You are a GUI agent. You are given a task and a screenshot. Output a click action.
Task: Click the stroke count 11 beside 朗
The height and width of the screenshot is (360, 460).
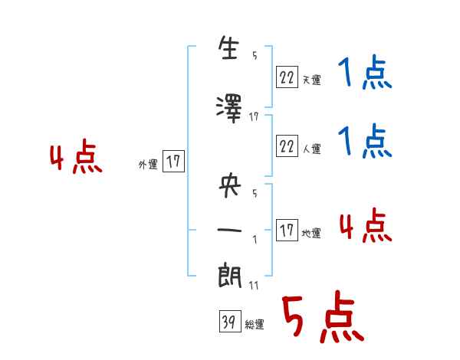pos(255,286)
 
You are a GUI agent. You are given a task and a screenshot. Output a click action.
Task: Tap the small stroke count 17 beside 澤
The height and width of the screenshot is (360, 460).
pos(255,116)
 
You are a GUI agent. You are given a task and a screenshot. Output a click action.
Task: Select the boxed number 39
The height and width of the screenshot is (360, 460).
pos(228,323)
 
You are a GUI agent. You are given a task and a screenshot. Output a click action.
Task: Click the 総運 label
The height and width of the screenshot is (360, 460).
pos(255,325)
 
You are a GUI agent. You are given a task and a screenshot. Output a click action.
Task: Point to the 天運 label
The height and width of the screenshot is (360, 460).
pos(311,79)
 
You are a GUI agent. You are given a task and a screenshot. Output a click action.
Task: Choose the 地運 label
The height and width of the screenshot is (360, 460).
pos(311,233)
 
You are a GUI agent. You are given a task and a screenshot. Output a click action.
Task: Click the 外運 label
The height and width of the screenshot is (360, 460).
pos(148,164)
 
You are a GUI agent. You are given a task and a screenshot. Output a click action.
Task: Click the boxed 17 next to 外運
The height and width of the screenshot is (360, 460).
pos(174,162)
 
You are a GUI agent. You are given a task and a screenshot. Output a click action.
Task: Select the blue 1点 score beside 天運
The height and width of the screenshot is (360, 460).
pos(364,75)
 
